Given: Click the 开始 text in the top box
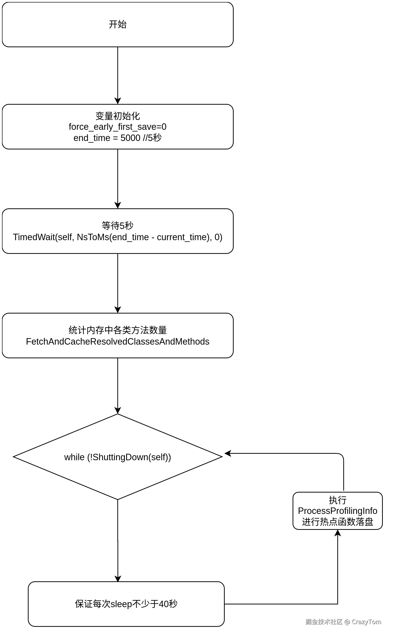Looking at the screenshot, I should pos(118,24).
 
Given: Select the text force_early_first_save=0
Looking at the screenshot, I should pos(118,127).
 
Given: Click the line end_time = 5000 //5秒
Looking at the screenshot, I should pos(118,138).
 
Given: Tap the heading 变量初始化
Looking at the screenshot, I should pos(118,116).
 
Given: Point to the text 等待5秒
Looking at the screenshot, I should pos(118,226).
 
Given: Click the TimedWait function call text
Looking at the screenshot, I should pos(118,237).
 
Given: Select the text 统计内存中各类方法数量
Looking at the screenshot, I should pos(118,330).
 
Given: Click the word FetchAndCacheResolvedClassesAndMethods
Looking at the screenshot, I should pos(118,342).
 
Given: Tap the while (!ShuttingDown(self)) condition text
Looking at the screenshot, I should pos(118,457).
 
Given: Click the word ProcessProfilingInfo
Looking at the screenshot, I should pos(337,511).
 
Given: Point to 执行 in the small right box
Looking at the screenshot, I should pos(337,500).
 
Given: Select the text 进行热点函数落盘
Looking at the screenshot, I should pos(337,522).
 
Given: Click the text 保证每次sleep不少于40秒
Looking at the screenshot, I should pos(126,604).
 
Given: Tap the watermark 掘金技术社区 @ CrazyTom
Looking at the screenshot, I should pos(343,622).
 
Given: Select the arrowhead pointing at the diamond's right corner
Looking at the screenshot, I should pos(227,454).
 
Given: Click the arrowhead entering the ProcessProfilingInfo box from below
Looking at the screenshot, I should pos(338,533).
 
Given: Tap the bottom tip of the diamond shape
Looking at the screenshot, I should pos(118,500).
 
